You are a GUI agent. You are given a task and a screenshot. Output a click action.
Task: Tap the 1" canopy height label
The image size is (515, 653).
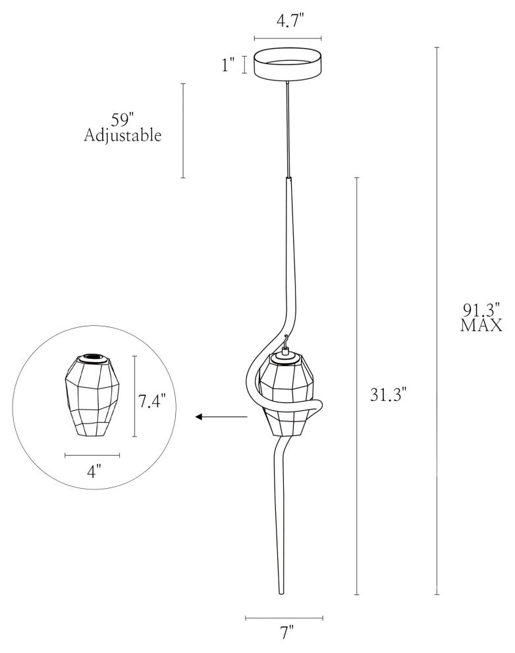tap(229, 65)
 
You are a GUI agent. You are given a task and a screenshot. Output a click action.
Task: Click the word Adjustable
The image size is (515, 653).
tap(122, 135)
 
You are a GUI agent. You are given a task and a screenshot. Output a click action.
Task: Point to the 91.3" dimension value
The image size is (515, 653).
tap(481, 310)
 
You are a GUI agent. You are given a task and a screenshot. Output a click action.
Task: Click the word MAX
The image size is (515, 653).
tap(481, 325)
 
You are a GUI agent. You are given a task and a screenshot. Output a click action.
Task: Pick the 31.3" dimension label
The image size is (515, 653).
tap(388, 394)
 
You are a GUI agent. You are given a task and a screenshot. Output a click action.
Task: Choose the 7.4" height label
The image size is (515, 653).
tap(151, 401)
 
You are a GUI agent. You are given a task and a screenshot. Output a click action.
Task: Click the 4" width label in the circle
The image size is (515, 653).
tap(94, 472)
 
